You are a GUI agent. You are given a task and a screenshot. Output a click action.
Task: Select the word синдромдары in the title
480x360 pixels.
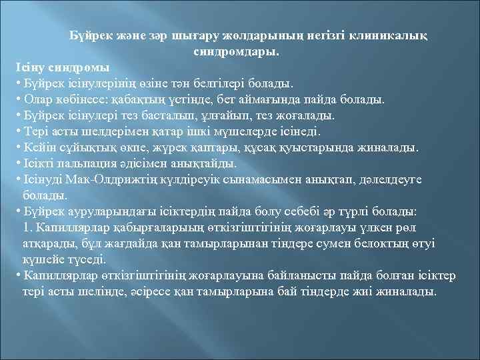[237, 51]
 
